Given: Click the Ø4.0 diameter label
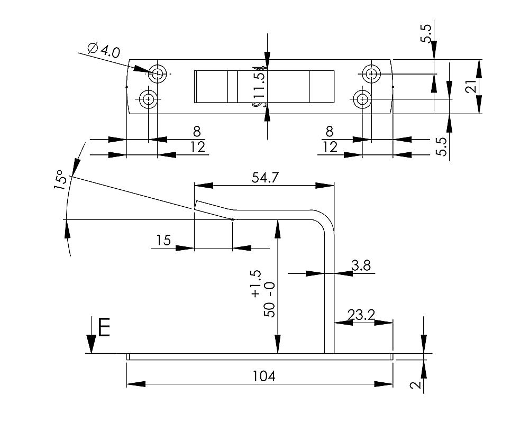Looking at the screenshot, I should (104, 51).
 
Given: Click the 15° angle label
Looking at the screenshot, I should (61, 180).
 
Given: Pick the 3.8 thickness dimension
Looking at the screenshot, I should (361, 265).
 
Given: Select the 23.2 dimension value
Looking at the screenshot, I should (361, 315).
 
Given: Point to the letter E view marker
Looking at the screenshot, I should (104, 328).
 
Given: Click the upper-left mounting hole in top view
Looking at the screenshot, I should (158, 73).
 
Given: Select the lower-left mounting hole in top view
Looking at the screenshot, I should (149, 99).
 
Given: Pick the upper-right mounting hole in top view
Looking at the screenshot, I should (371, 73).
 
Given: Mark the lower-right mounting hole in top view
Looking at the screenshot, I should (362, 99).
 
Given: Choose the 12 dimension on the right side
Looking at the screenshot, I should (330, 147).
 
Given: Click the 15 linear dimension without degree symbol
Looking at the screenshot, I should (163, 241).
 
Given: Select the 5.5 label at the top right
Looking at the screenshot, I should (426, 34).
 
